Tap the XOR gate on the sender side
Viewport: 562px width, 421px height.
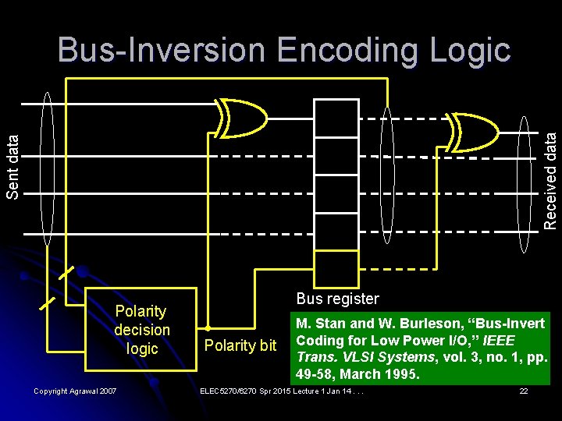[x=241, y=119]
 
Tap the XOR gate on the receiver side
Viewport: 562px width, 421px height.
[x=473, y=129]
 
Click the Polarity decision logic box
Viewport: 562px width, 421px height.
[x=141, y=330]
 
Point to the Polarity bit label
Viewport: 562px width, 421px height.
[x=240, y=345]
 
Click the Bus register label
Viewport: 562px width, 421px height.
[x=337, y=299]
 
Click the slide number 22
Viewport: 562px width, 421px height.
[x=524, y=390]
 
